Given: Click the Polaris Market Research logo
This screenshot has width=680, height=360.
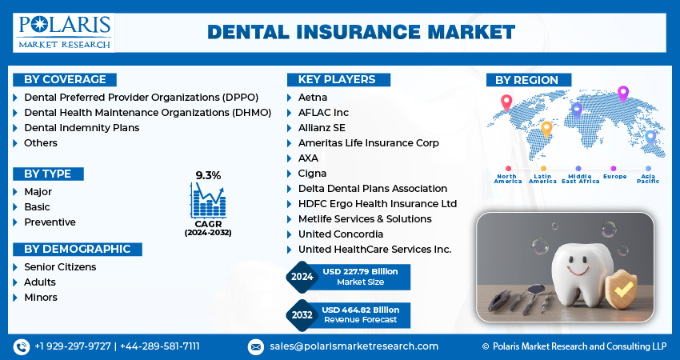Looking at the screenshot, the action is [x=64, y=33].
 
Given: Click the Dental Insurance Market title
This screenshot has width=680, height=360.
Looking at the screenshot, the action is [x=362, y=33].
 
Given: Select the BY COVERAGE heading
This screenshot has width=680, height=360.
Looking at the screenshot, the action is [x=65, y=79].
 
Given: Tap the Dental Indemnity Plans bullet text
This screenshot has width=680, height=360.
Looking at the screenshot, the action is [x=82, y=127].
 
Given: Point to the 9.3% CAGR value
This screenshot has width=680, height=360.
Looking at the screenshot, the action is [x=208, y=175].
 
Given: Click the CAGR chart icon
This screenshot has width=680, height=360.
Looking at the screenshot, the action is [x=208, y=200].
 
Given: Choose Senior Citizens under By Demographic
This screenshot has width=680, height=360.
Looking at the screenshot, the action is [x=60, y=266].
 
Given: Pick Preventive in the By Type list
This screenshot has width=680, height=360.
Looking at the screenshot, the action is [x=50, y=222].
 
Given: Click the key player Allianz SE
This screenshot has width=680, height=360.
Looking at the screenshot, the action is [x=322, y=127].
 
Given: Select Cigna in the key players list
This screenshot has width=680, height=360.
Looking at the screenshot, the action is [x=312, y=174].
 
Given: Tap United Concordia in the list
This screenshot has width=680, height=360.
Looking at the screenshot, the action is [x=341, y=234].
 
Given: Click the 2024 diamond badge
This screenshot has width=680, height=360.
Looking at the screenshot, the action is [x=302, y=277].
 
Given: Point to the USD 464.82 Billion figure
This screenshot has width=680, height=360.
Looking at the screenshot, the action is [x=360, y=310].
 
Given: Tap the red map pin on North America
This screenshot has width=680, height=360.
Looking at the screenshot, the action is [x=506, y=102].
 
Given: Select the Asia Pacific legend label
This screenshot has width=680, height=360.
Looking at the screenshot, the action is [x=648, y=178].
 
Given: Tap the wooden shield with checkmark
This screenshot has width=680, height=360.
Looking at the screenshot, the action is [x=621, y=289].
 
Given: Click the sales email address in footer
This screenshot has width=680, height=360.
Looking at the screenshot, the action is [x=354, y=346].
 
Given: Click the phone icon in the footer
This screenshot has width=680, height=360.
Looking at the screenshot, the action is [x=22, y=346].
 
